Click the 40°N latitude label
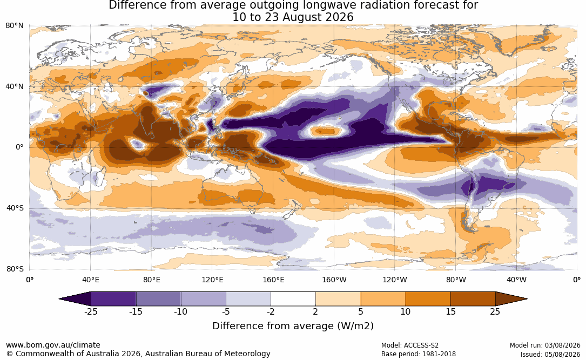15,87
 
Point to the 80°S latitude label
15,269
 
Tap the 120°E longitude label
212,280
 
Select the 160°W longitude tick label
334,280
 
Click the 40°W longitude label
516,280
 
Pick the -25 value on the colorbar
91,312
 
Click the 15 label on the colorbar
450,312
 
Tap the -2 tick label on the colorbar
271,312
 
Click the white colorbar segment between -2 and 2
293,299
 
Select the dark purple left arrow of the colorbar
78,299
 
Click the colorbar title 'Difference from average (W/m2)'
293,326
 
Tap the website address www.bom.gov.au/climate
53,345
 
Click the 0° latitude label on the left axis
20,147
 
